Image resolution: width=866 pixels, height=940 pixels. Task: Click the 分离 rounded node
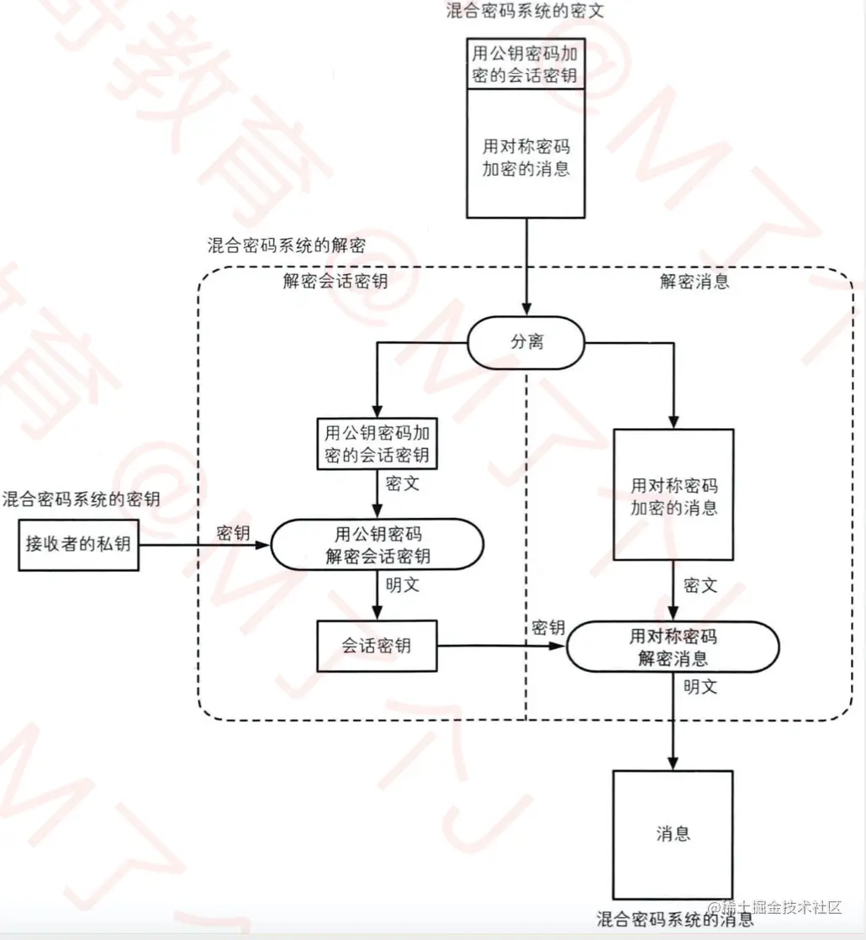click(x=526, y=343)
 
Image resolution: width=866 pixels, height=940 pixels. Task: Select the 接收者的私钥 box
click(x=78, y=544)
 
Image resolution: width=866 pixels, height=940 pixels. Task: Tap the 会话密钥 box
click(x=377, y=646)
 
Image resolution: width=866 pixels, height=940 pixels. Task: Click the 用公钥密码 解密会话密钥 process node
click(x=377, y=545)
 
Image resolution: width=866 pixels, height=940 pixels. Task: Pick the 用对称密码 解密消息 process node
click(x=672, y=647)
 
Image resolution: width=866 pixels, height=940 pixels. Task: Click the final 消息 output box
click(x=673, y=834)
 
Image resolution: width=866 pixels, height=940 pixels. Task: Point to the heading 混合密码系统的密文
click(x=525, y=11)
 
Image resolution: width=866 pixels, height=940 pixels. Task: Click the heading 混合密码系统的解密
click(x=286, y=246)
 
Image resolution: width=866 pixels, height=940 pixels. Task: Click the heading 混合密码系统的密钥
click(x=81, y=500)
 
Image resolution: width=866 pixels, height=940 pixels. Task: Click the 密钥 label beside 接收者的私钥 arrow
click(x=233, y=533)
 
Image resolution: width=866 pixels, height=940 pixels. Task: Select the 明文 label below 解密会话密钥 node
click(x=402, y=585)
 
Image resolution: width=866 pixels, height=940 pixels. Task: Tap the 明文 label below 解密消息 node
click(x=700, y=686)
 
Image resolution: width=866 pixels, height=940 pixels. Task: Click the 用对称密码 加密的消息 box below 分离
click(x=673, y=496)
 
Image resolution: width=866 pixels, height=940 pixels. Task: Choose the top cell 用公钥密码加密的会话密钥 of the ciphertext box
click(x=525, y=64)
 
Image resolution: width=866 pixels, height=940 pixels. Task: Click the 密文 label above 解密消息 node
click(x=700, y=585)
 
